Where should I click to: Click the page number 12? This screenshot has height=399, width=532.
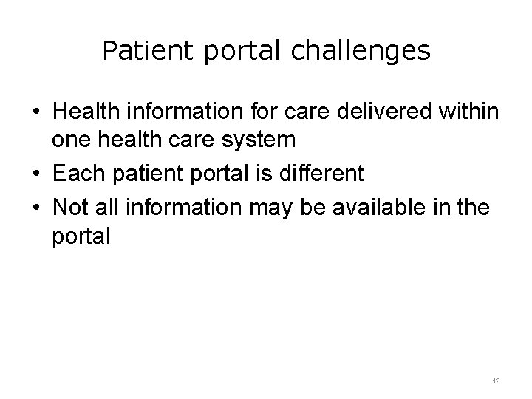click(496, 381)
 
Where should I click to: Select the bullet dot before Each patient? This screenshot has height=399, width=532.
click(35, 174)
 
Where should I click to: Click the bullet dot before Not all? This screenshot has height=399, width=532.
click(35, 208)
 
